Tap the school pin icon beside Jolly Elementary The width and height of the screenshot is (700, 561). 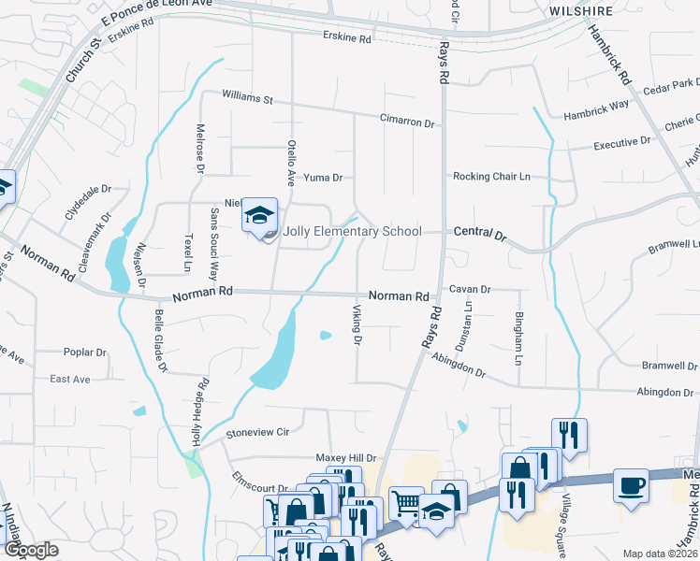[x=259, y=217]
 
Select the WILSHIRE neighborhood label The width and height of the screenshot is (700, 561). [x=580, y=11]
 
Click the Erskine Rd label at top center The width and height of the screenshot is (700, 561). [x=346, y=39]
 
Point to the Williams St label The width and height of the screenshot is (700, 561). [x=247, y=98]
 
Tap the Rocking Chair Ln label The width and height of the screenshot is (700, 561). [x=491, y=176]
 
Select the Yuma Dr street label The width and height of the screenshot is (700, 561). [x=325, y=177]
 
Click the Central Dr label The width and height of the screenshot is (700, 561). [x=480, y=232]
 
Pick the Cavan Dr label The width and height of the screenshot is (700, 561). [x=470, y=290]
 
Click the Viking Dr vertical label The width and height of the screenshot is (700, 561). [x=357, y=324]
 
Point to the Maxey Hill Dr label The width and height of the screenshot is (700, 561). [x=345, y=458]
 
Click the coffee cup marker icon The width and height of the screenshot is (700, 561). [x=631, y=486]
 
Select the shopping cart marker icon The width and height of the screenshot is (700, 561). [x=406, y=502]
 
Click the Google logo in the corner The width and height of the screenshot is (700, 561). [x=31, y=550]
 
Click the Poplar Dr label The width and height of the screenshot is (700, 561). [x=86, y=352]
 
